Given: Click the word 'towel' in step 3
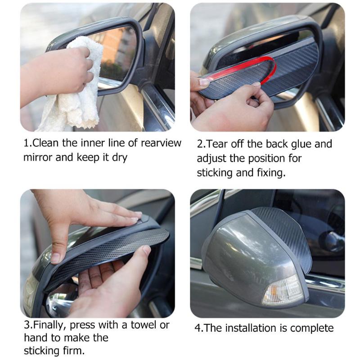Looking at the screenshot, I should click(x=141, y=324).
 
